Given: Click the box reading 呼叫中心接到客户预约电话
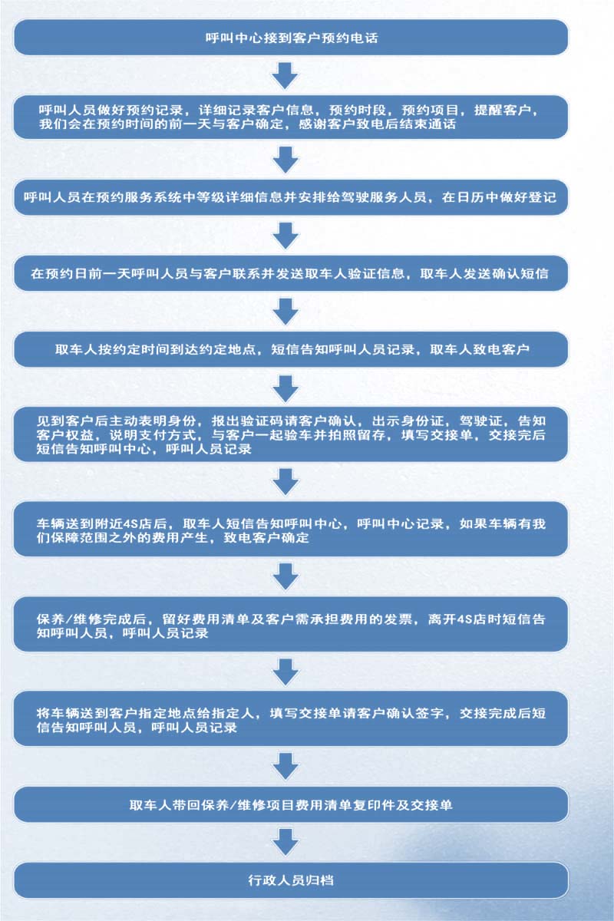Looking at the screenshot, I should click(x=291, y=37).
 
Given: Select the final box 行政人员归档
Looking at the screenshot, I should click(x=291, y=880).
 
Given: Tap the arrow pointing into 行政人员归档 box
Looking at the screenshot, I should click(x=286, y=842).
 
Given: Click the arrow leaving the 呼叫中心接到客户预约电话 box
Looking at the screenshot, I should click(x=286, y=75).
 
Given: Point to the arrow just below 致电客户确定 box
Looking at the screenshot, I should click(x=286, y=576).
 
